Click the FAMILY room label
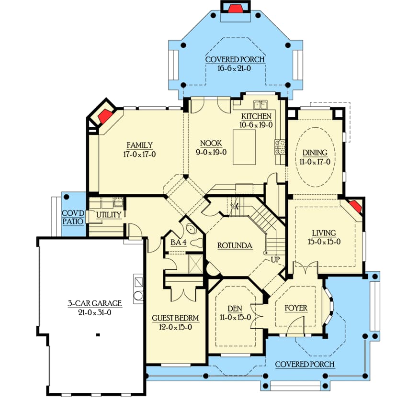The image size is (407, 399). (139, 145)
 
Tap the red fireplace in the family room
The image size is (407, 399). (104, 115)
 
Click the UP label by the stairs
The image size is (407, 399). (275, 259)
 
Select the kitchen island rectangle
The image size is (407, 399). (244, 147)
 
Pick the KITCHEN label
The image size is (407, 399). (256, 116)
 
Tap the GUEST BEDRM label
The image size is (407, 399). (175, 318)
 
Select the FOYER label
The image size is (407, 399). (295, 308)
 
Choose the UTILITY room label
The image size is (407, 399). (109, 215)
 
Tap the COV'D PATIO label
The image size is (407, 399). (73, 217)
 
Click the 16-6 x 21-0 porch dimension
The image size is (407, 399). (235, 68)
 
